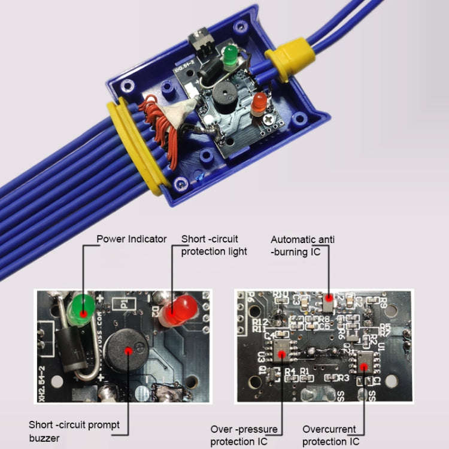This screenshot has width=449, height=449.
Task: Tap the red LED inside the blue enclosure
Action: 259,104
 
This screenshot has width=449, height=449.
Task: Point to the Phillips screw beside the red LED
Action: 269,119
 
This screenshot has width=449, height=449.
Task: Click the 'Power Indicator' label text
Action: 132,239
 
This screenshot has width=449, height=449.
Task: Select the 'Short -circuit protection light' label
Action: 214,245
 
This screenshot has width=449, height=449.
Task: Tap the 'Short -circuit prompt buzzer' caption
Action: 74,431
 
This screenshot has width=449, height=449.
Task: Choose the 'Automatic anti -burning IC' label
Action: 303,245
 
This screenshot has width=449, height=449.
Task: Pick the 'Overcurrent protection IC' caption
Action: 331,436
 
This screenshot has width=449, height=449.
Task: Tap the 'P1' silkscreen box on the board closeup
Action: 125,304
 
